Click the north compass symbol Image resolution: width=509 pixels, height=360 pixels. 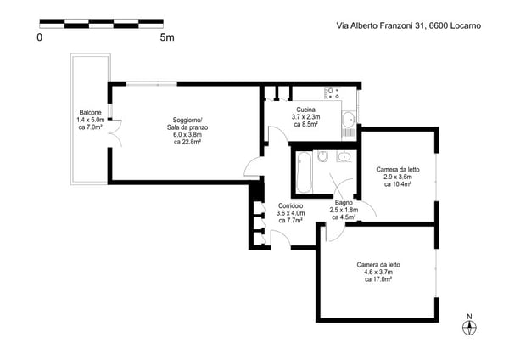click(469, 325)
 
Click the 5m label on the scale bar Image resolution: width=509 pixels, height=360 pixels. click(167, 37)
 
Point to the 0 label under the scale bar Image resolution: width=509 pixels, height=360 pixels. click(40, 37)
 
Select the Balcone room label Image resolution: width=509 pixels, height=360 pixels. click(91, 112)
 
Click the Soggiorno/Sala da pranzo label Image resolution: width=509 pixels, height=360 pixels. click(187, 123)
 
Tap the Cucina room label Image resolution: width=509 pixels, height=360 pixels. click(305, 110)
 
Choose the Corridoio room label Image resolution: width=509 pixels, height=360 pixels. click(290, 205)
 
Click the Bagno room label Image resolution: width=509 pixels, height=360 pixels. click(344, 202)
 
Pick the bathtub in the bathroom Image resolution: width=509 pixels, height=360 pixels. click(305, 172)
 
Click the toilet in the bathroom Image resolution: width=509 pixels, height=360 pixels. click(323, 156)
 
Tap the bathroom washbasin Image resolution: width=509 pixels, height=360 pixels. click(344, 156)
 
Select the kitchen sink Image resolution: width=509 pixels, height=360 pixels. click(350, 119)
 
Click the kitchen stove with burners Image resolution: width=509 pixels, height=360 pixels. click(333, 93)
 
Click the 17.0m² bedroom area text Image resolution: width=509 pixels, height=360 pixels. click(378, 279)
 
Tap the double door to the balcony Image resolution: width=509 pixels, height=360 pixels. click(115, 133)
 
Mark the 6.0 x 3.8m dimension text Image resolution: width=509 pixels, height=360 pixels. click(187, 134)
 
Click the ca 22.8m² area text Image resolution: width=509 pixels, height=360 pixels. click(187, 142)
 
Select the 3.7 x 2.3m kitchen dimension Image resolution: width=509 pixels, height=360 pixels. click(305, 116)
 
